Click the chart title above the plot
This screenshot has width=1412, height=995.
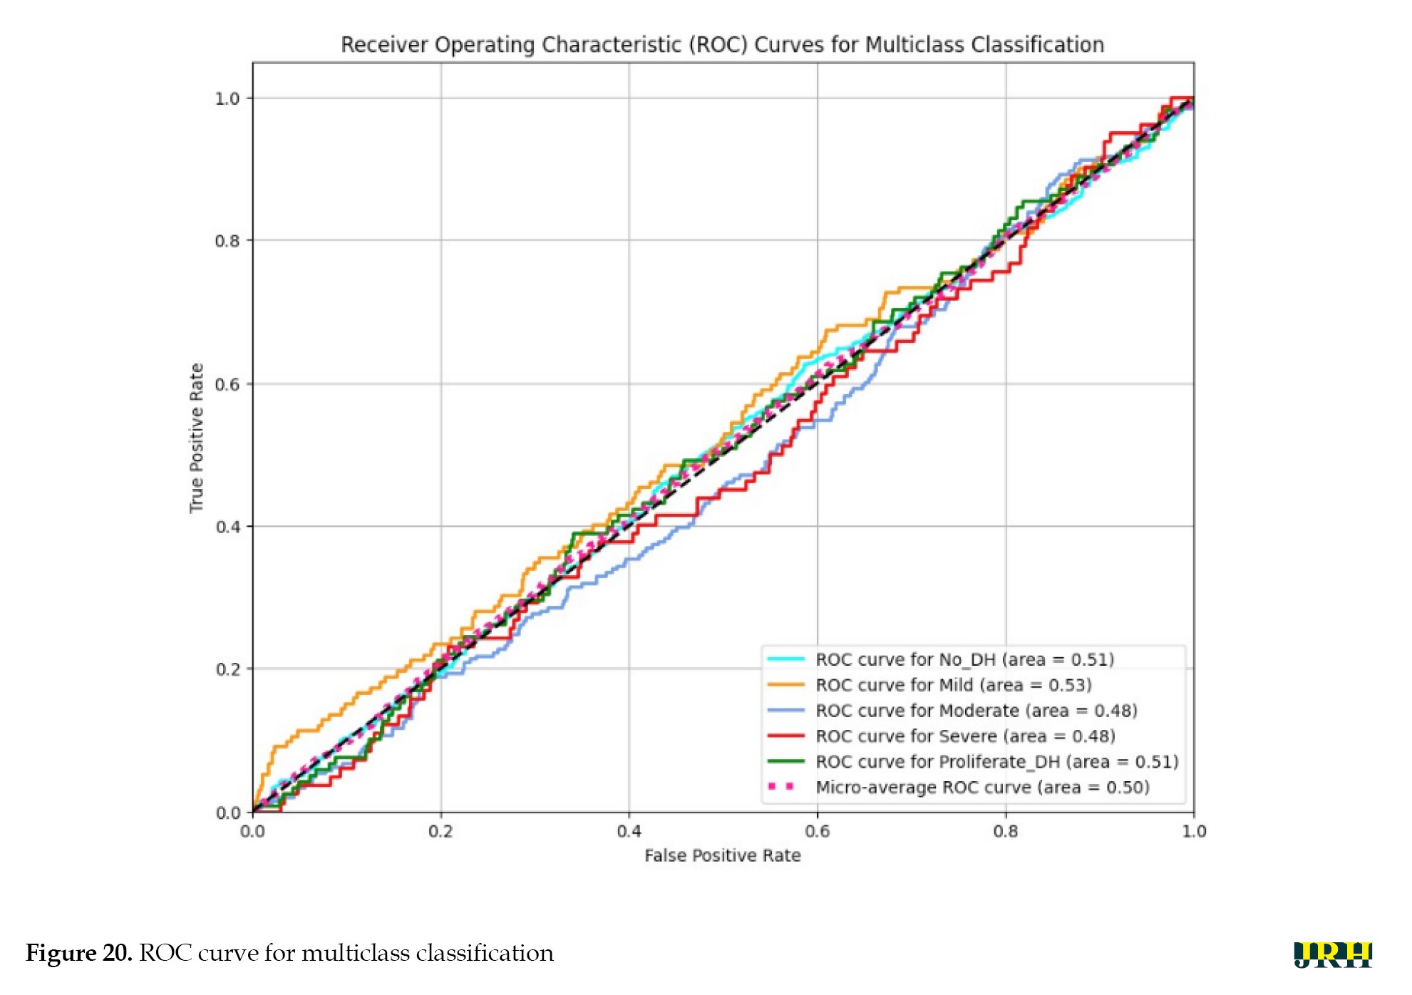click(x=722, y=45)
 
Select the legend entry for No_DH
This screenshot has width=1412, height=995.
click(x=964, y=659)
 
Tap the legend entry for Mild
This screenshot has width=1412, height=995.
click(x=953, y=685)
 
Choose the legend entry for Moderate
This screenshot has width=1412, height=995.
click(x=976, y=711)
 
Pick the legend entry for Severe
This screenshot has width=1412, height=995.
click(x=965, y=736)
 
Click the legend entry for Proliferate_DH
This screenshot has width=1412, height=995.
click(x=996, y=762)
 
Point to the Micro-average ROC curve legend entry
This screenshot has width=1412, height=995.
click(x=982, y=788)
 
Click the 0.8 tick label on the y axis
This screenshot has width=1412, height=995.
click(x=227, y=241)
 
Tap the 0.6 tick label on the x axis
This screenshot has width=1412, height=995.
click(x=817, y=831)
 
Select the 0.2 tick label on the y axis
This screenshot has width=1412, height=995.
click(x=227, y=669)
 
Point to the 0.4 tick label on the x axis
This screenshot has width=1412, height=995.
click(x=629, y=831)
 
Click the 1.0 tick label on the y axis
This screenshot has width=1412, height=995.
click(x=227, y=98)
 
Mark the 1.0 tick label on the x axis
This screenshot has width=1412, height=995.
click(x=1194, y=831)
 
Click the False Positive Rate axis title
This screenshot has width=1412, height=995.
click(x=722, y=855)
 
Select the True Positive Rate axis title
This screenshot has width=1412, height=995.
click(x=196, y=438)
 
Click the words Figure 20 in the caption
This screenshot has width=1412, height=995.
click(x=78, y=953)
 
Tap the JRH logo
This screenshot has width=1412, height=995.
click(x=1332, y=954)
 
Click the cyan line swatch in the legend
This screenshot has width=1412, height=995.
click(x=785, y=659)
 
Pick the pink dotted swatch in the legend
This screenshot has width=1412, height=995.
click(x=782, y=787)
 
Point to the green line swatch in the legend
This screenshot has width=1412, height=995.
click(x=785, y=761)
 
